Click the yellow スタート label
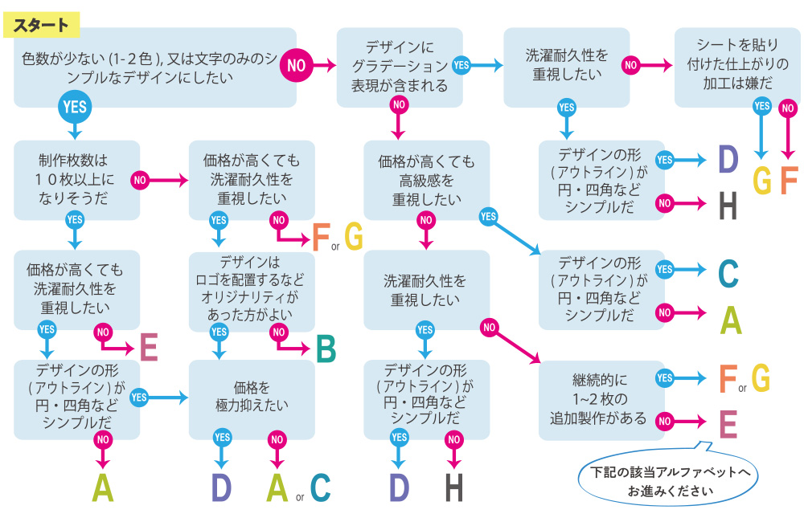pyautogui.click(x=42, y=25)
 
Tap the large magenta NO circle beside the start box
pyautogui.click(x=297, y=65)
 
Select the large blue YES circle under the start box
pyautogui.click(x=74, y=106)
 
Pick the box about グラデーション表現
pyautogui.click(x=399, y=67)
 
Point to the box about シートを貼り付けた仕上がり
pyautogui.click(x=731, y=67)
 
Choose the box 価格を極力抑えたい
pyautogui.click(x=252, y=398)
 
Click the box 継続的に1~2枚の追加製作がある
pyautogui.click(x=599, y=398)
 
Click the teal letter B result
pyautogui.click(x=325, y=349)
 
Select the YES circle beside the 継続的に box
pyautogui.click(x=664, y=378)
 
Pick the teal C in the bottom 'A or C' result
pyautogui.click(x=320, y=487)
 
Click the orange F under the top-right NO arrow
pyautogui.click(x=788, y=181)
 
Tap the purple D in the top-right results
pyautogui.click(x=728, y=161)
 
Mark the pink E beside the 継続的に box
pyautogui.click(x=728, y=423)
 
